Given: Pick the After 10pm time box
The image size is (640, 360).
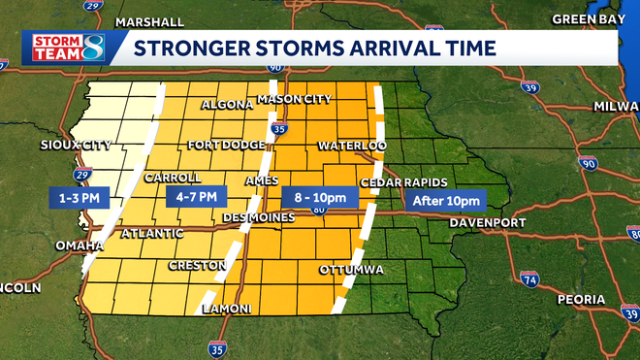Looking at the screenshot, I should pos(446,201).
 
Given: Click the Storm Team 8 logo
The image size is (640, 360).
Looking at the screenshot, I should pos(64,47).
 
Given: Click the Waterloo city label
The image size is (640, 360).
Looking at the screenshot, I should pos(352,146).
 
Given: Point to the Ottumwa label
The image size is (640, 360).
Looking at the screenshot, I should pos(352,269).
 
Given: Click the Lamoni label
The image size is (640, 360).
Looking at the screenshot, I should pos(226,309).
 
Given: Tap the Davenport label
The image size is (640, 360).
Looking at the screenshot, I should pos(487,223).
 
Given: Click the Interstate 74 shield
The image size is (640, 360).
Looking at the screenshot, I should pos(528,280).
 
